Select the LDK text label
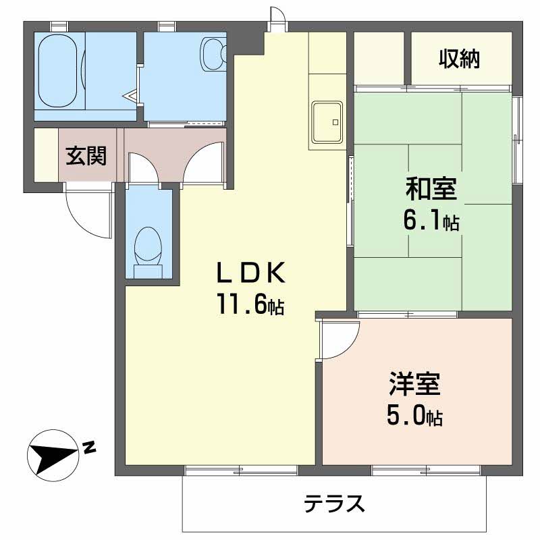pos(252,273)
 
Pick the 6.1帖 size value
pos(432,220)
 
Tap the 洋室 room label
pos(414,385)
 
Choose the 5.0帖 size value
pos(414,416)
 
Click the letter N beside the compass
pos(89,446)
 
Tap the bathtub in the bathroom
pos(59,71)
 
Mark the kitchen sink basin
pos(327,121)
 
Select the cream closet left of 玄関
pos(46,155)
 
